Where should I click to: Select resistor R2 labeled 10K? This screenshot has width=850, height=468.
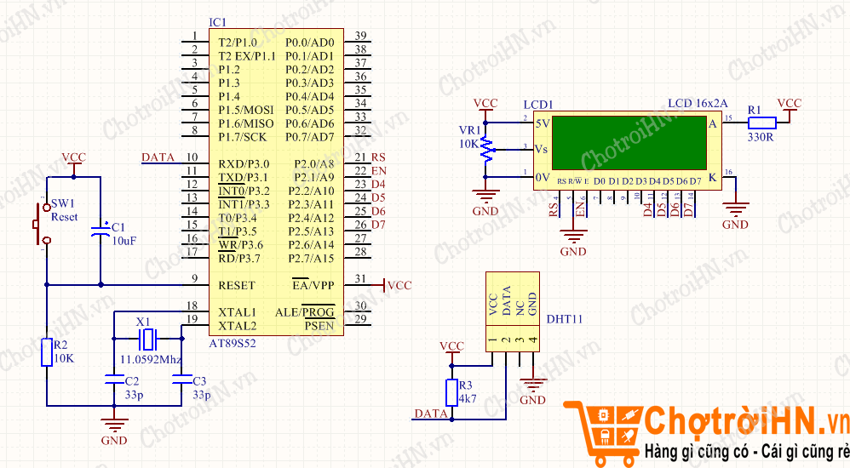coord(48,351)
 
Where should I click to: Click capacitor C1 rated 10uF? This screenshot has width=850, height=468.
coord(101,229)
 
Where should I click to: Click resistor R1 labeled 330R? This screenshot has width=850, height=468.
coord(761,123)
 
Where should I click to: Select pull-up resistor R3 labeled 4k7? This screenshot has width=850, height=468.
coord(451,392)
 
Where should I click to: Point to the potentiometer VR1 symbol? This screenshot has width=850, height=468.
coord(485,149)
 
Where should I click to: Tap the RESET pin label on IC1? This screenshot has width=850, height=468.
coord(237,286)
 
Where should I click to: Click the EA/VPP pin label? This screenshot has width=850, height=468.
coord(313,285)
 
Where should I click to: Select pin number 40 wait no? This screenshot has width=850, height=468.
coord(361,36)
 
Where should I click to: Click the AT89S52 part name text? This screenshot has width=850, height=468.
coord(233,342)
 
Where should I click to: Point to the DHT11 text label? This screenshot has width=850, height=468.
coord(564,320)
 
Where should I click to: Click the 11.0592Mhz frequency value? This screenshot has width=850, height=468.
coord(152,359)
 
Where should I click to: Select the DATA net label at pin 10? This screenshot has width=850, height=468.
coord(158,157)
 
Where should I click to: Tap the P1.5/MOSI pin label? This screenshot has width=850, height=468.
coord(246,110)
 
